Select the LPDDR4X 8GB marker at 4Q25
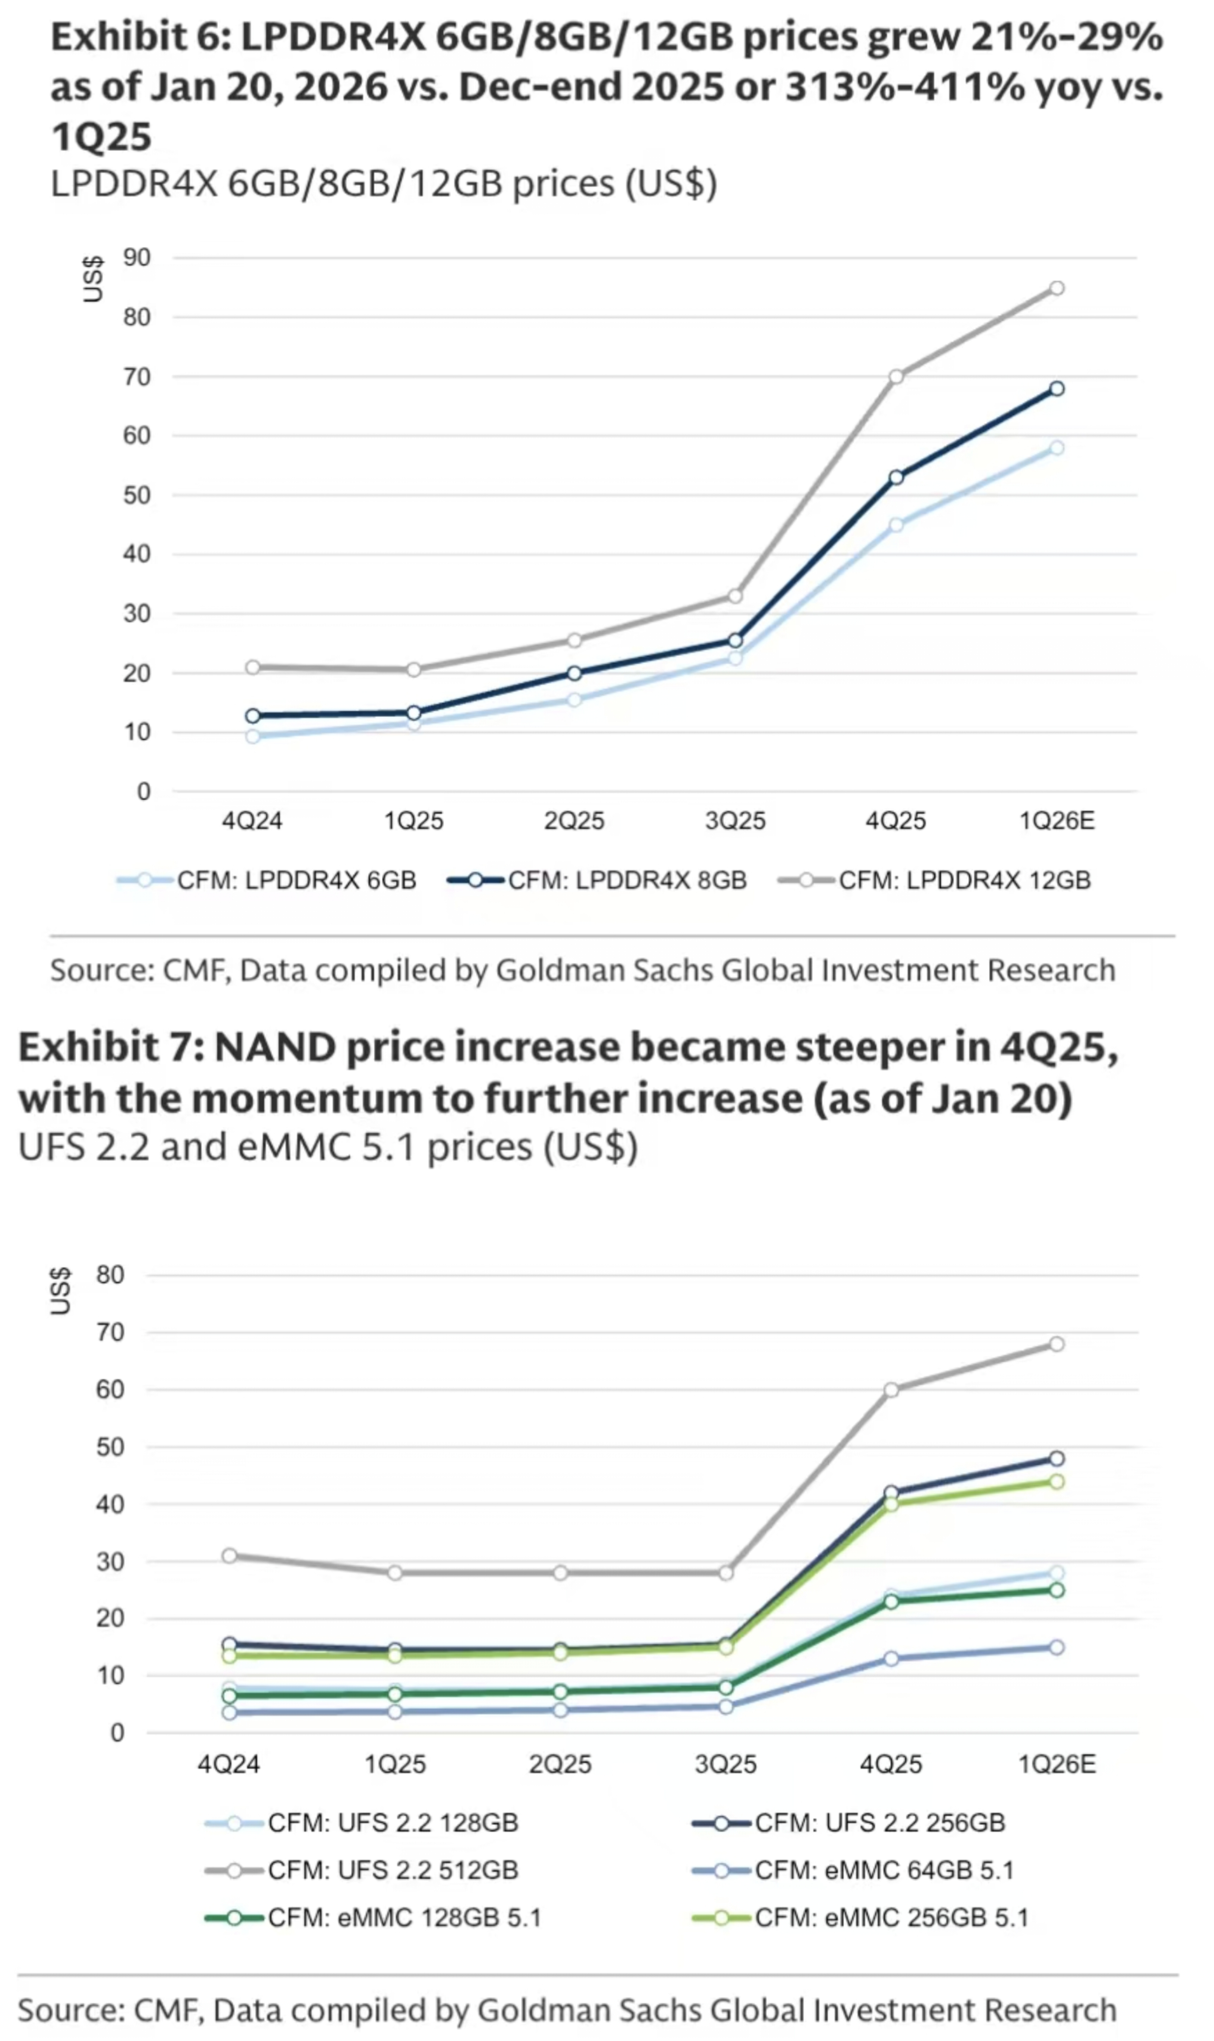point(896,477)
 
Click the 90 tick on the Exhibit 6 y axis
point(137,258)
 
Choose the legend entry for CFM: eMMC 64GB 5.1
point(884,1870)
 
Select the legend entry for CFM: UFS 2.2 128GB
point(393,1822)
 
